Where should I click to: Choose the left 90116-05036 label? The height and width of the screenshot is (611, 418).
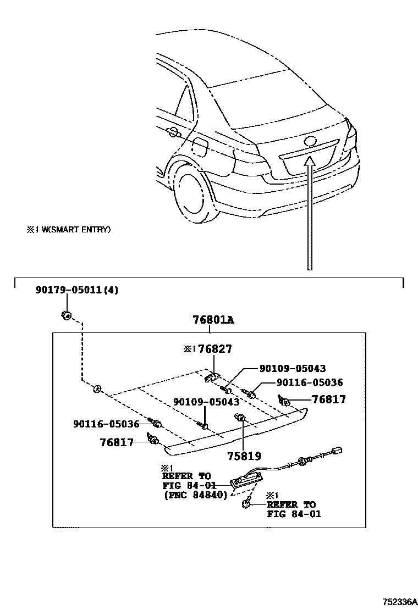pos(106,424)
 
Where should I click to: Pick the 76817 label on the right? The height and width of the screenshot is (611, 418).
pos(329,400)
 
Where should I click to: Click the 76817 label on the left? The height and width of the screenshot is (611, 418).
pos(117,442)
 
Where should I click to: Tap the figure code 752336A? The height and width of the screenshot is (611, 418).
pos(400,603)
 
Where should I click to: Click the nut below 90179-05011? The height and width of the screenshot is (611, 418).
pos(65,315)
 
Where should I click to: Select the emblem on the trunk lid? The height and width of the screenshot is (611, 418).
pos(310,141)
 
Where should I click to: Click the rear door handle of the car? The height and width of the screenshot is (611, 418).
pos(172,132)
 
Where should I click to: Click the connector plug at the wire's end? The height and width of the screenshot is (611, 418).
pos(337,452)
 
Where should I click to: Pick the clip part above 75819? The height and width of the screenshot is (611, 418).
pos(240,418)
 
